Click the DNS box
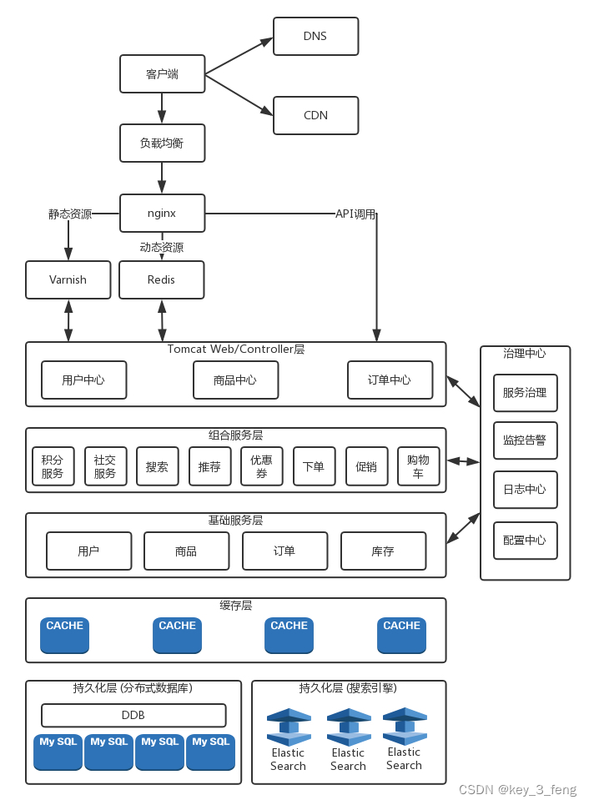tap(315, 37)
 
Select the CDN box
tap(315, 115)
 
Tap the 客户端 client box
tap(162, 74)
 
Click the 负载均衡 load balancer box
tap(162, 143)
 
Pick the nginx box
tap(162, 213)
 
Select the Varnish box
tap(68, 279)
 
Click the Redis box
tap(161, 279)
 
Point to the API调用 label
tap(355, 214)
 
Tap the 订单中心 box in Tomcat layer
tap(390, 380)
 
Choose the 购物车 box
tap(418, 467)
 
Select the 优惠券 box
tap(261, 467)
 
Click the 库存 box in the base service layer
tap(383, 551)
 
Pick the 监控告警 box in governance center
tap(525, 440)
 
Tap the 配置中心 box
tap(525, 541)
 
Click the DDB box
tap(133, 716)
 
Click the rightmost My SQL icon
tap(210, 752)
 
